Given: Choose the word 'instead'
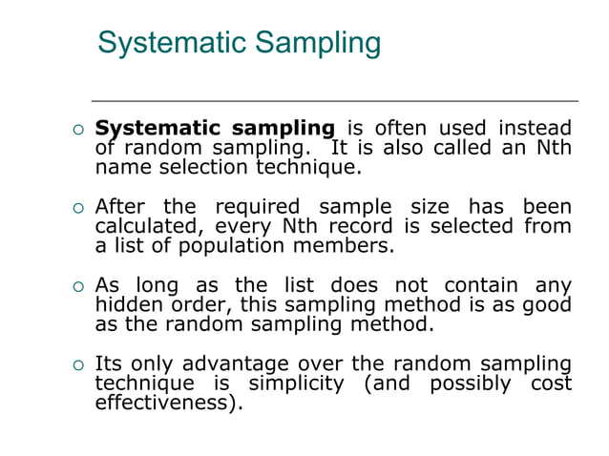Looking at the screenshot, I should (x=537, y=129).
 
